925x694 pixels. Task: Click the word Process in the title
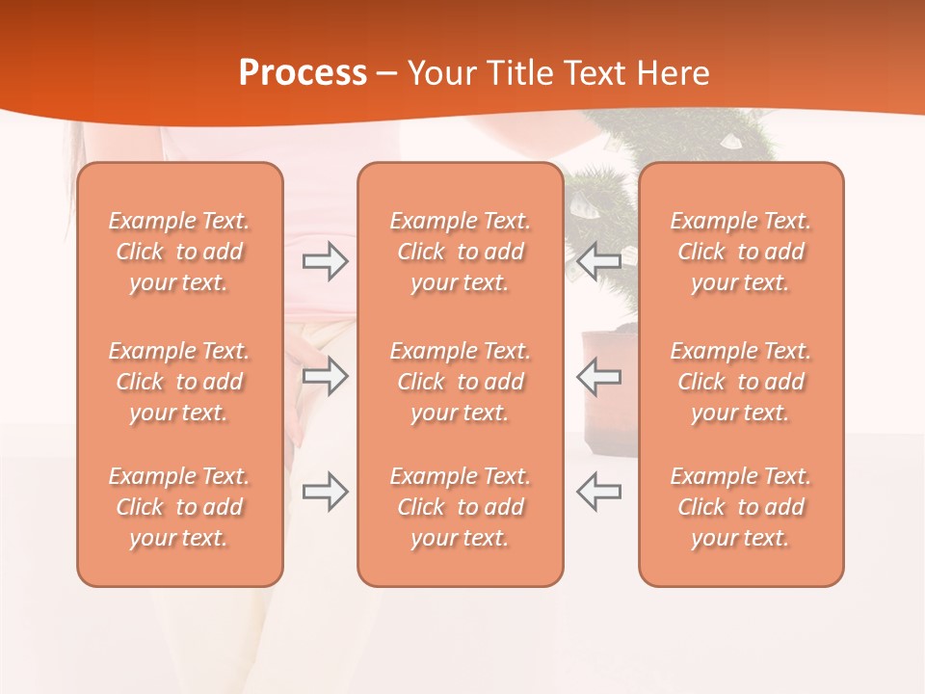pyautogui.click(x=303, y=73)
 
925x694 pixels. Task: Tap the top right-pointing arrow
pyautogui.click(x=325, y=261)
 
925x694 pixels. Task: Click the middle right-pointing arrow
pyautogui.click(x=325, y=376)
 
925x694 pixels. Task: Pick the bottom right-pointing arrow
pyautogui.click(x=325, y=492)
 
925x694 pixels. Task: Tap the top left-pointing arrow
pyautogui.click(x=599, y=261)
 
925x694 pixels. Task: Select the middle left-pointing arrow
pyautogui.click(x=599, y=376)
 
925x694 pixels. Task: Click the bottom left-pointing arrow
pyautogui.click(x=599, y=492)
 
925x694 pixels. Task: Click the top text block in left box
pyautogui.click(x=179, y=252)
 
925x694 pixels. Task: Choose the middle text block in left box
pyautogui.click(x=179, y=382)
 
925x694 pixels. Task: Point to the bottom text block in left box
pyautogui.click(x=179, y=507)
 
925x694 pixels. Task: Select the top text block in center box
pyautogui.click(x=460, y=252)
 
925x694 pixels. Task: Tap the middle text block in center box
pyautogui.click(x=460, y=382)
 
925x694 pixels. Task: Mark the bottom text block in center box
pyautogui.click(x=460, y=507)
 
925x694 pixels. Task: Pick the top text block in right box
pyautogui.click(x=740, y=252)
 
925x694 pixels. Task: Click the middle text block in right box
pyautogui.click(x=740, y=382)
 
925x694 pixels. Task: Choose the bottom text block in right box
pyautogui.click(x=740, y=507)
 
